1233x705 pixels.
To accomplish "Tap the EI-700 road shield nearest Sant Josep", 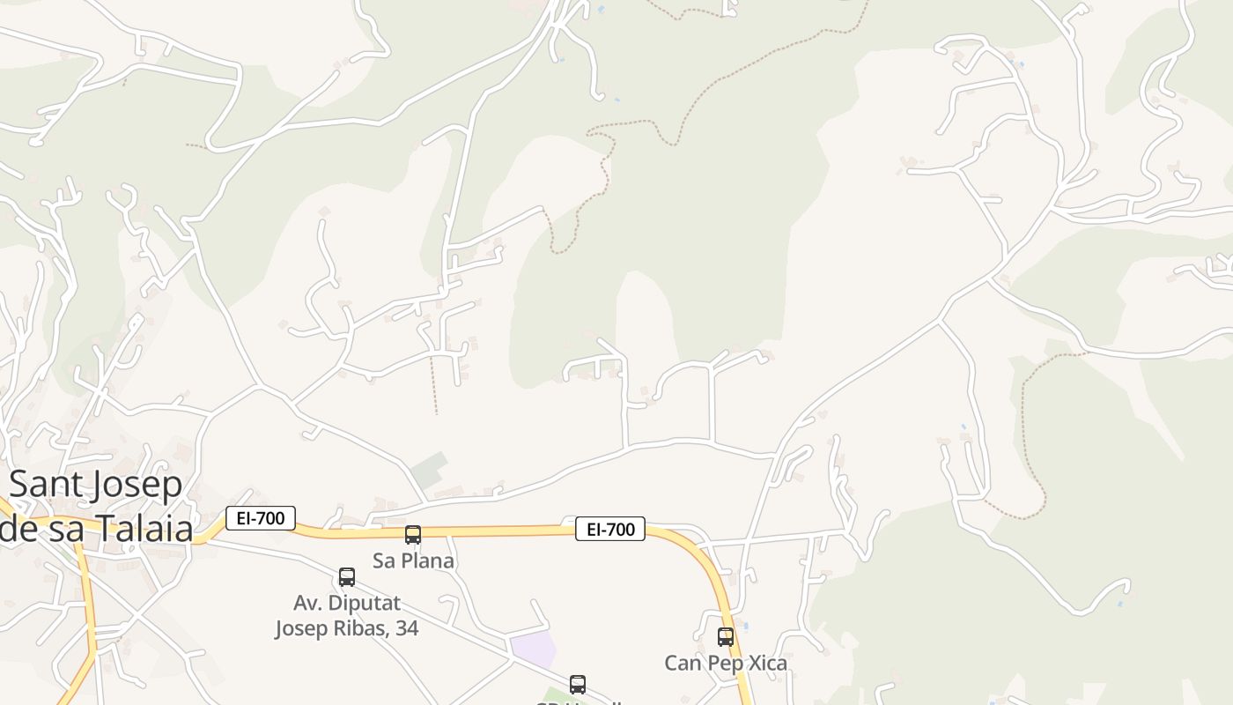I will pos(261,518).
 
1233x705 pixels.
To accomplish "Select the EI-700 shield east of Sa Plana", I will pos(610,529).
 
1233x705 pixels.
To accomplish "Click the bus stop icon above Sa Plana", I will pos(413,534).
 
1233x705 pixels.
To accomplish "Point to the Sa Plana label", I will pos(413,560).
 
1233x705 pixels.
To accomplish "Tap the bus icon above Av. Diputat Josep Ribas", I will pos(347,577).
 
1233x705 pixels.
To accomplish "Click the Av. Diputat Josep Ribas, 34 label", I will pos(346,616).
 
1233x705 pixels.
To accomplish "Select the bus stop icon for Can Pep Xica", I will pos(726,636).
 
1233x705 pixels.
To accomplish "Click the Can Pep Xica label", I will pos(726,663).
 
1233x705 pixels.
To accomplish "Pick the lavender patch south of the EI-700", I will pos(534,649).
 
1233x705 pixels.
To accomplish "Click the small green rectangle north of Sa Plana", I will pos(430,470).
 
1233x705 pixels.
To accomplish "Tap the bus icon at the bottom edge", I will pos(578,684).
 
